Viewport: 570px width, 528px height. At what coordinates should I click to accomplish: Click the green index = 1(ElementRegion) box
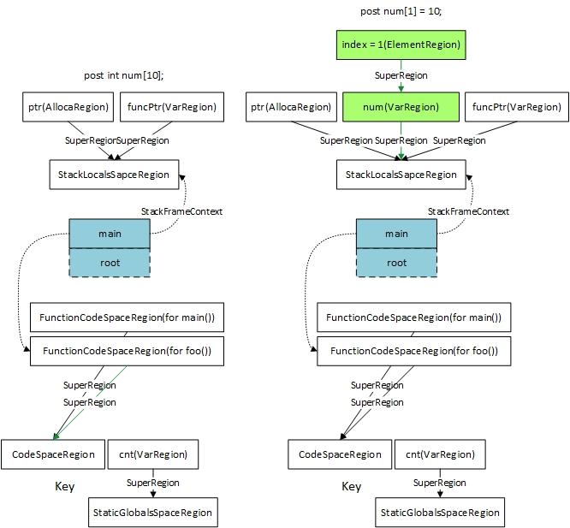tap(401, 44)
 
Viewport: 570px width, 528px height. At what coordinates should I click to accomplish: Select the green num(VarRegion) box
tap(401, 107)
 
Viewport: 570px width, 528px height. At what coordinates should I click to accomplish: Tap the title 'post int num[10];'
tap(123, 75)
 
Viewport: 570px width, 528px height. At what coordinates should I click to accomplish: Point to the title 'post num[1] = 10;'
tap(401, 11)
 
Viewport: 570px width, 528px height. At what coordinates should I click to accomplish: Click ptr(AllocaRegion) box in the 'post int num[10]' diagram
tap(67, 107)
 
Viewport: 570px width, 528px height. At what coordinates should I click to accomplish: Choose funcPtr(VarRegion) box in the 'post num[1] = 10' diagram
tap(517, 107)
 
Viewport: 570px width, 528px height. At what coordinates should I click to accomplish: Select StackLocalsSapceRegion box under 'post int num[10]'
tap(114, 175)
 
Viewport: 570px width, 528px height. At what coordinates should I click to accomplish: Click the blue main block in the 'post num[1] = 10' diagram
tap(396, 234)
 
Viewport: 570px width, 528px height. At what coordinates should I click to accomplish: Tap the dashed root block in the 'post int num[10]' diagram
tap(110, 263)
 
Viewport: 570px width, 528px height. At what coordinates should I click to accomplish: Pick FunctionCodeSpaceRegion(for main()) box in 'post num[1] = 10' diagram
tap(413, 317)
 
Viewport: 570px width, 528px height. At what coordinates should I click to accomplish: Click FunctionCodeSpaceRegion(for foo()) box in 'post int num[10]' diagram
tap(127, 351)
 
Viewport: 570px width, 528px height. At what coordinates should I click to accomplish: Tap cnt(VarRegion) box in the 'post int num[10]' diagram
tap(152, 454)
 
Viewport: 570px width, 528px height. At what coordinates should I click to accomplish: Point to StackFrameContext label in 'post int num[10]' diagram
tap(181, 211)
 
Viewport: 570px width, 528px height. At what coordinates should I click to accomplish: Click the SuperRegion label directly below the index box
tap(401, 75)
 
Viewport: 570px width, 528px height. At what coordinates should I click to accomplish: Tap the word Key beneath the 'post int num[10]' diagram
tap(64, 487)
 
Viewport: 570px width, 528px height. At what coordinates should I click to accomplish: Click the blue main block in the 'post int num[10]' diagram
tap(110, 234)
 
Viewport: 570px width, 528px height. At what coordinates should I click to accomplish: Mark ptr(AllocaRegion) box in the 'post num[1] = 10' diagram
tap(291, 107)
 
